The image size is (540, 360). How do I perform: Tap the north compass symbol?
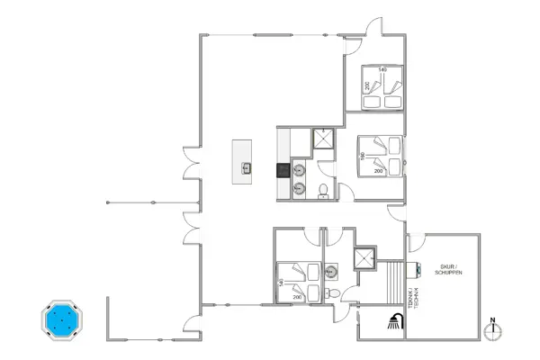(492, 329)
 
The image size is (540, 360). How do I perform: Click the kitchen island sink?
(246, 166)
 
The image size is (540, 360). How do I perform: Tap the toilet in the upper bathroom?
(322, 188)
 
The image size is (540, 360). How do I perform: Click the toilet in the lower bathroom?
(333, 293)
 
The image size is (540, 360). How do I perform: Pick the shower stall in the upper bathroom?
(323, 139)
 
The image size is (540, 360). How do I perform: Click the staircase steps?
(394, 283)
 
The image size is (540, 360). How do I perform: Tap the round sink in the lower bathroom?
(332, 268)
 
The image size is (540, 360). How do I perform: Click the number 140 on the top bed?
(382, 69)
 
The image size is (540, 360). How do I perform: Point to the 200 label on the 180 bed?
(378, 170)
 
